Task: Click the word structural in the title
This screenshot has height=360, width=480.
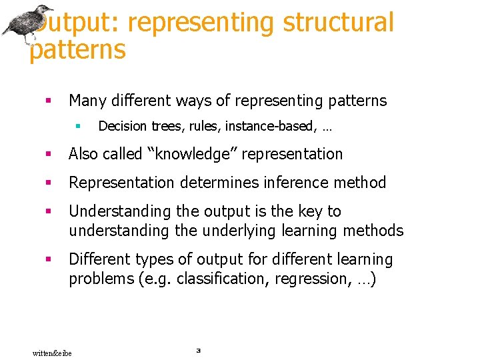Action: pyautogui.click(x=338, y=22)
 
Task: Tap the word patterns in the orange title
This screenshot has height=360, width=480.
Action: pyautogui.click(x=77, y=50)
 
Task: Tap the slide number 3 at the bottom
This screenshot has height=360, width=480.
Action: pyautogui.click(x=198, y=349)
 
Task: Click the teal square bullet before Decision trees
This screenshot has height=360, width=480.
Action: pyautogui.click(x=78, y=125)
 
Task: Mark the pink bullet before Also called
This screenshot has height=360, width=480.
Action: pyautogui.click(x=47, y=154)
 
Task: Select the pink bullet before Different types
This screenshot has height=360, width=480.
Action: pyautogui.click(x=47, y=259)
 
